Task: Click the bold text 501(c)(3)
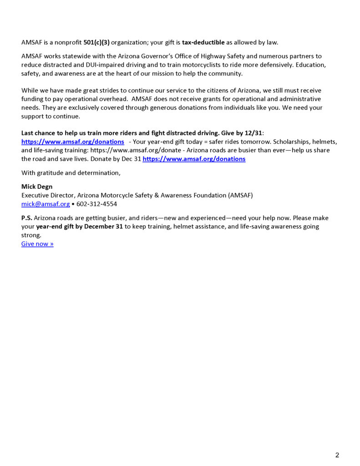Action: coord(96,43)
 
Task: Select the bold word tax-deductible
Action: coord(203,43)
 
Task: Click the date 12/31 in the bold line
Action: coord(254,133)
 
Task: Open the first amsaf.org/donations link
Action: coord(73,142)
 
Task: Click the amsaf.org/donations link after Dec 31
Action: coord(194,159)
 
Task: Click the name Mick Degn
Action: coord(37,187)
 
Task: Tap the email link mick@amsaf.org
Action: coord(46,204)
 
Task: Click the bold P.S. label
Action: coord(26,218)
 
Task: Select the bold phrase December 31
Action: coord(104,227)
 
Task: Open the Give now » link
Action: coord(37,244)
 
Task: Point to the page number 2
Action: coord(337,455)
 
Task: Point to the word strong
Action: coord(31,235)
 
